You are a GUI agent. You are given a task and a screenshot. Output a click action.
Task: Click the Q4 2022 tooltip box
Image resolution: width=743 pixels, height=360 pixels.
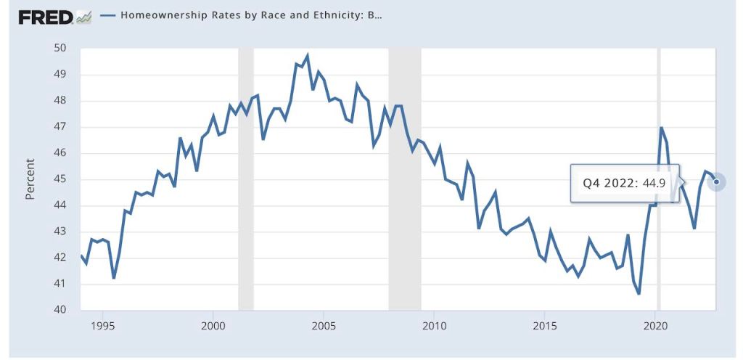click(x=624, y=184)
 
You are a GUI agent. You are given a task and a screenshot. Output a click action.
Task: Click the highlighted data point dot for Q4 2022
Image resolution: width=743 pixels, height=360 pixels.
click(x=716, y=181)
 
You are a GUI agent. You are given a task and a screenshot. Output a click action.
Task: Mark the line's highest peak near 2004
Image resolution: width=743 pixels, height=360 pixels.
click(x=308, y=55)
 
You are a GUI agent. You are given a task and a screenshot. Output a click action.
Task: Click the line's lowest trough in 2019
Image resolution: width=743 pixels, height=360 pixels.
click(x=639, y=294)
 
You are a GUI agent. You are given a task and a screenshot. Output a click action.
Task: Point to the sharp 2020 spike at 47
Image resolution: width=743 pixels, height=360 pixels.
click(x=661, y=127)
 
